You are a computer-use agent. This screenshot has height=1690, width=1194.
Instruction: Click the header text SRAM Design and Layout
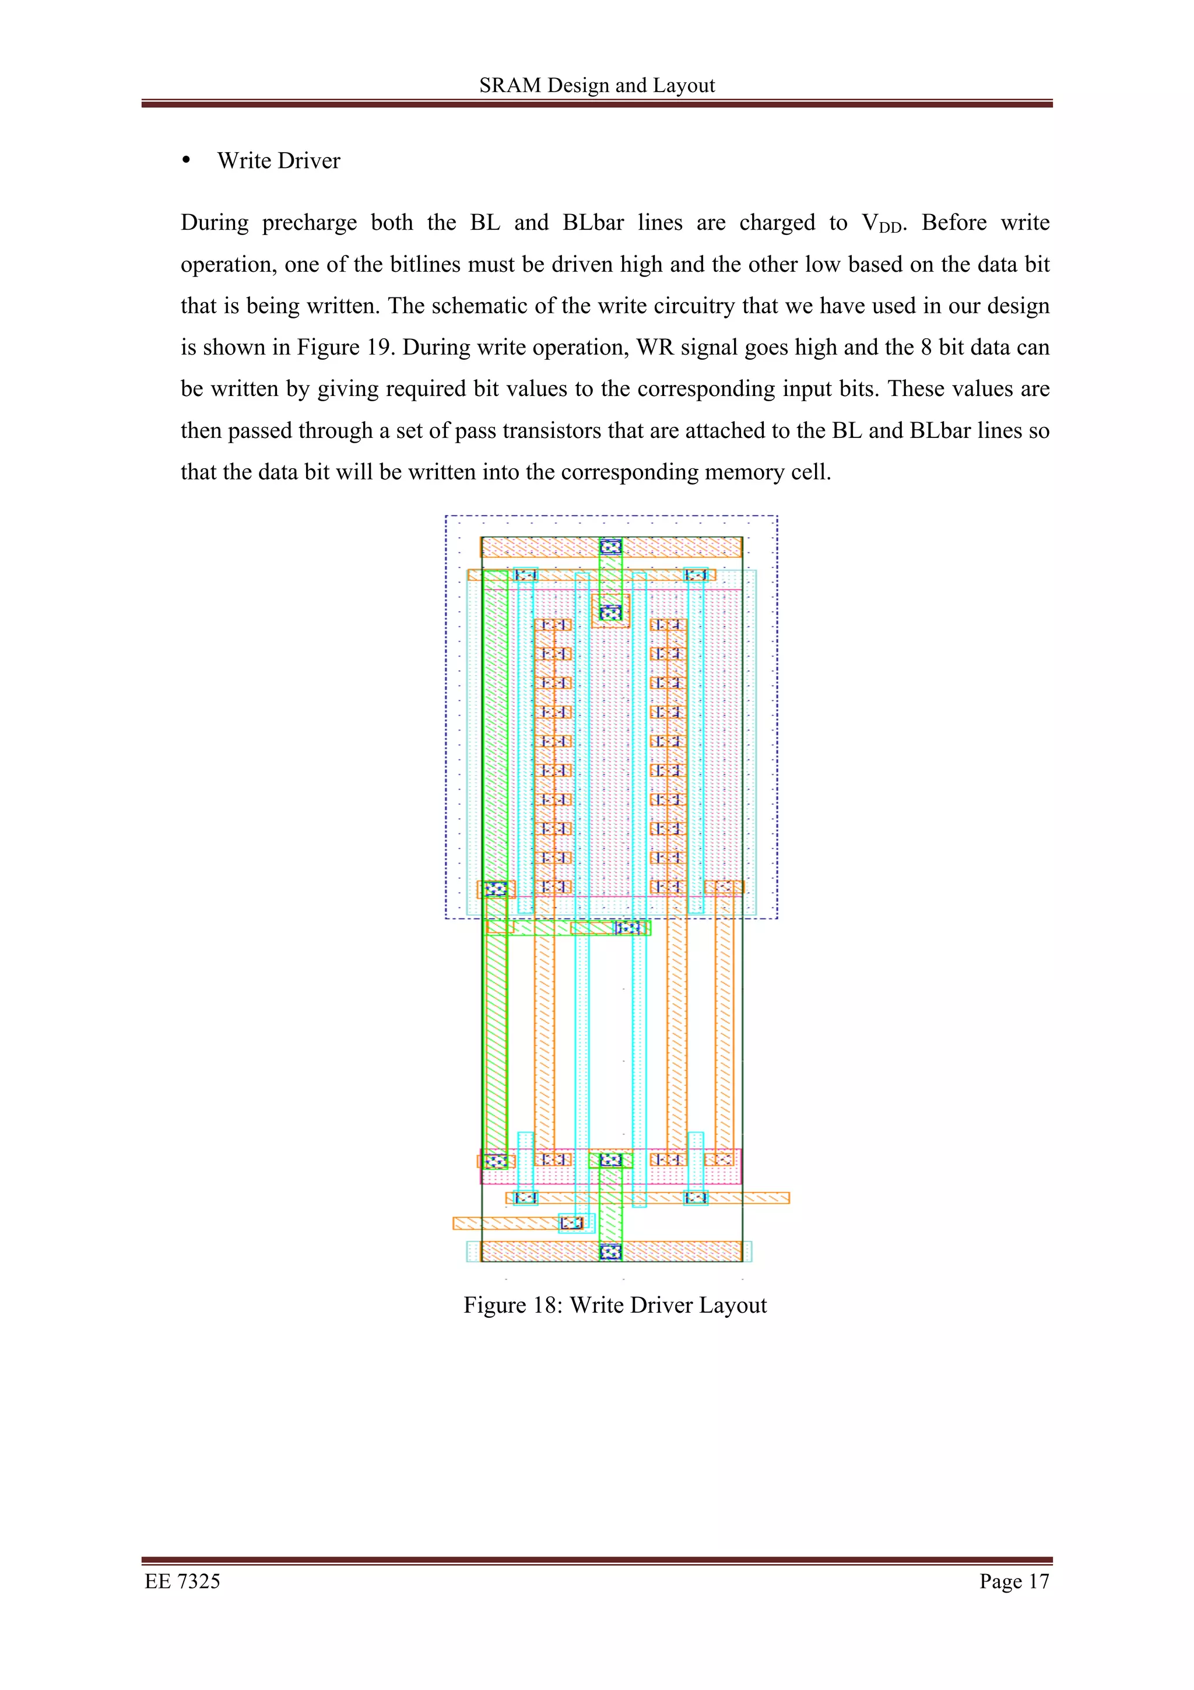tap(596, 85)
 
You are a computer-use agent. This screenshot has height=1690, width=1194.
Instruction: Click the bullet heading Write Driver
tap(279, 160)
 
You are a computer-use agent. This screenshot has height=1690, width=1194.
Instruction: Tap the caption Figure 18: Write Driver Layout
tap(615, 1305)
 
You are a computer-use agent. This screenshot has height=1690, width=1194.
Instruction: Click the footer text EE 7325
tap(182, 1581)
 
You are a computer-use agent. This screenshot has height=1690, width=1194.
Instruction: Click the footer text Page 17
tap(1013, 1581)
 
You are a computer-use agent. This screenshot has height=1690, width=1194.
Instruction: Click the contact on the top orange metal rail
tap(610, 547)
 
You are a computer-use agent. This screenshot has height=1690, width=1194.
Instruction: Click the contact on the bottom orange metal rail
tap(610, 1251)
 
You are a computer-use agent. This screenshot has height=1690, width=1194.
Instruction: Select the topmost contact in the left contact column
tap(553, 625)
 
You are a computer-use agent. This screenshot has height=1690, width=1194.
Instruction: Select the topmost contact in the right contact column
tap(668, 625)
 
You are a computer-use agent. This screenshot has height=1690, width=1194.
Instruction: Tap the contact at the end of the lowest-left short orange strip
tap(571, 1223)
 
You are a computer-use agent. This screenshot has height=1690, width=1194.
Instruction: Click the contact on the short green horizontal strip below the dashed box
tap(627, 927)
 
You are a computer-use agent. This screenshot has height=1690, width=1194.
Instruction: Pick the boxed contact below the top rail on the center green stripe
tap(610, 612)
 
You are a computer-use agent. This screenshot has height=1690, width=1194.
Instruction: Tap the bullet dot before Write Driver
tap(186, 160)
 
